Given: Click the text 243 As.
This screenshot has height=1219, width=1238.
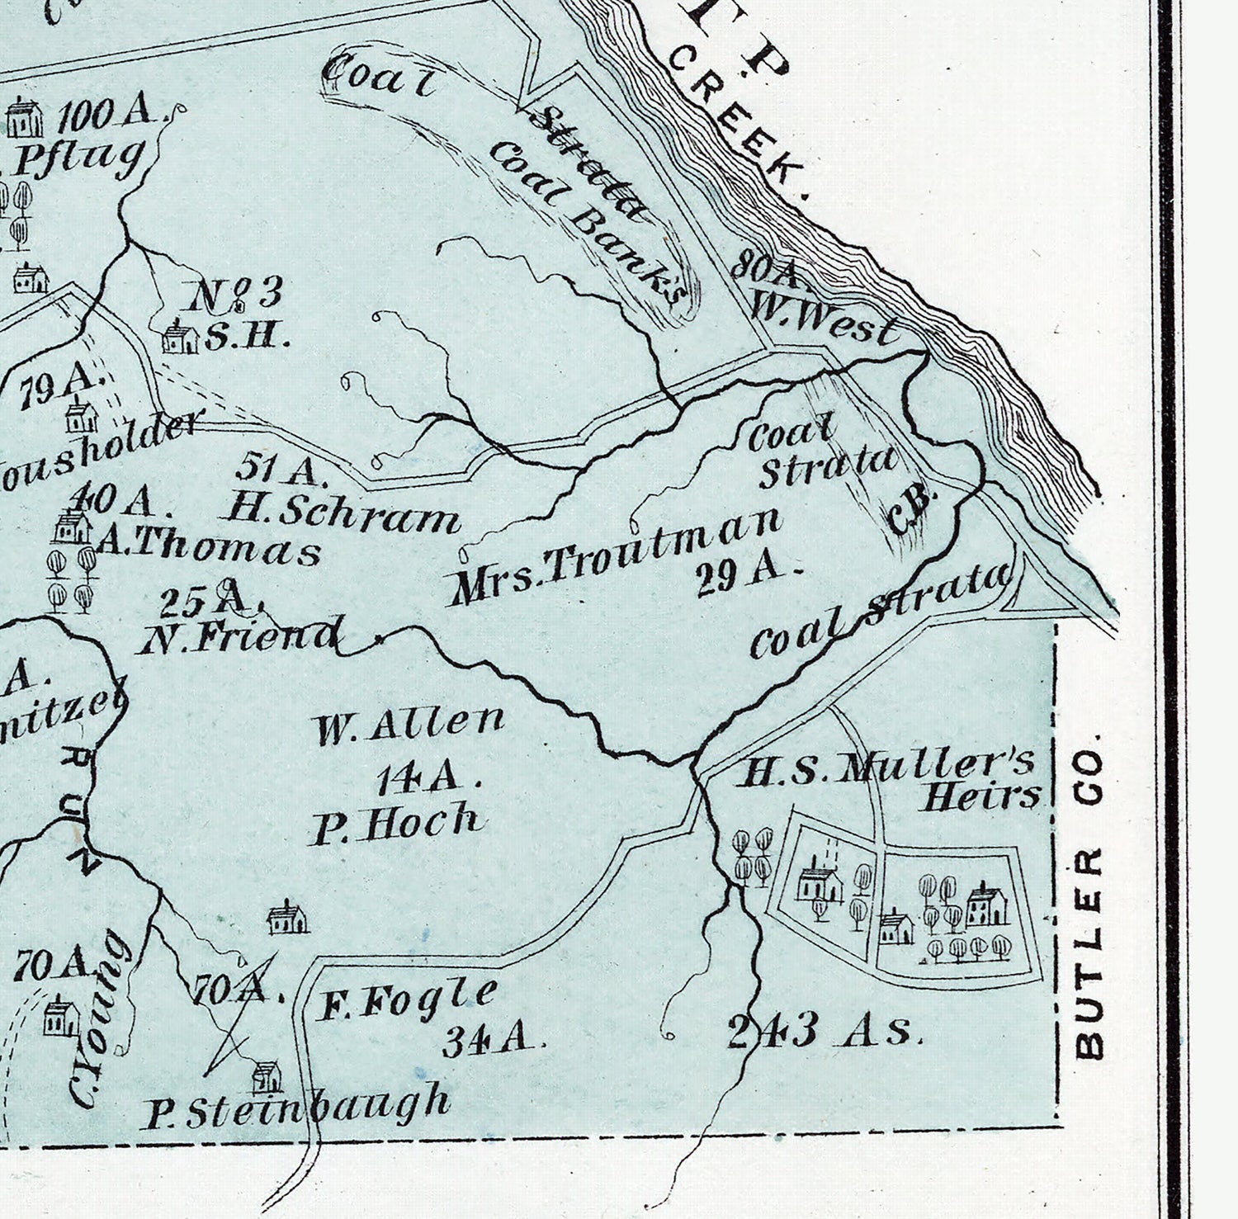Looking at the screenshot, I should [x=823, y=1032].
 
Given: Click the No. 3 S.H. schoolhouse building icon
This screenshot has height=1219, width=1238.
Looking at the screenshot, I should [x=180, y=338].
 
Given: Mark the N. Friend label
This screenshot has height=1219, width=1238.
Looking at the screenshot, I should [x=239, y=635].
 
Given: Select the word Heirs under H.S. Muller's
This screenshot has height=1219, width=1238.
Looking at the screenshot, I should [x=980, y=796].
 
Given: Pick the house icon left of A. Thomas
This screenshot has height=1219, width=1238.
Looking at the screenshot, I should [x=73, y=527].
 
